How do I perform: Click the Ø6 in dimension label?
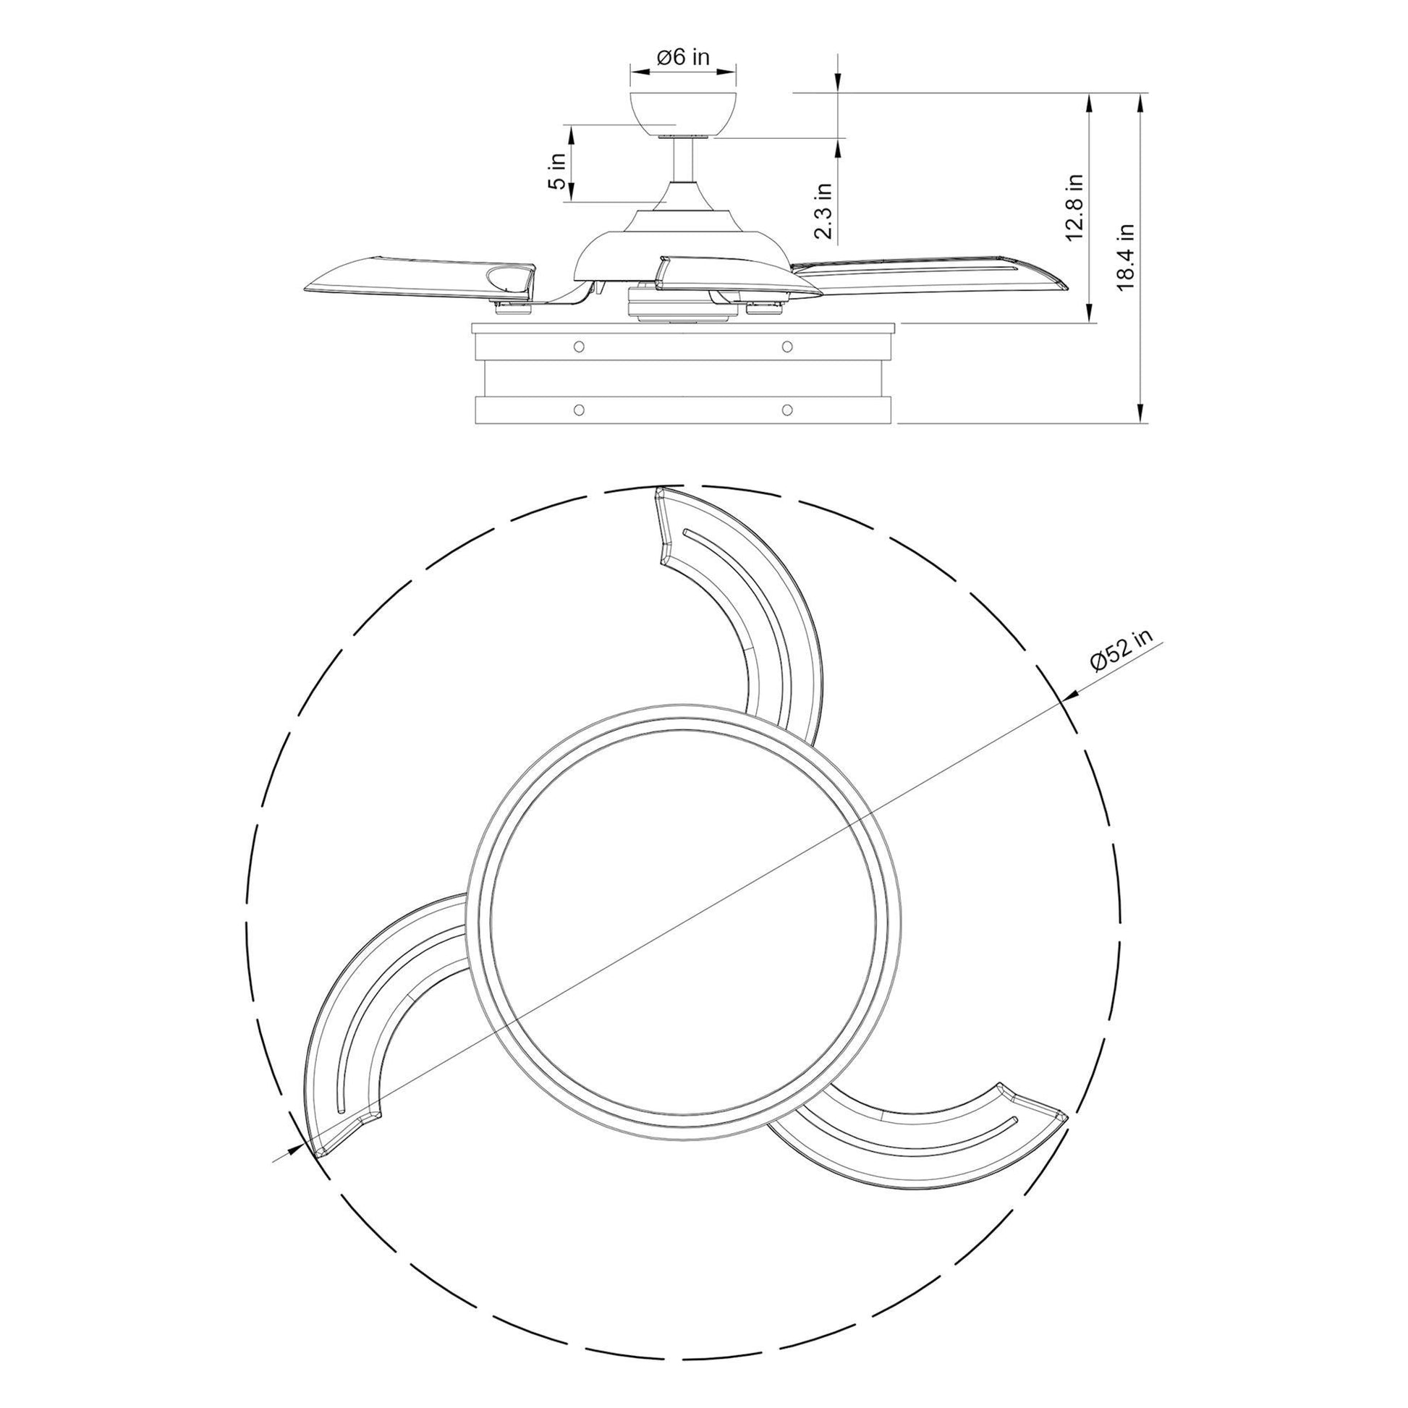click(683, 58)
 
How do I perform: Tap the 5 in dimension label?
click(559, 171)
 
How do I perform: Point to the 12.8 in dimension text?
click(1074, 207)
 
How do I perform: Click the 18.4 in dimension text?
click(1126, 257)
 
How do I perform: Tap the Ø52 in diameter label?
click(1123, 648)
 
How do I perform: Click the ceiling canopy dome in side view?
click(683, 114)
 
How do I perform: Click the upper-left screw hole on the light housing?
click(579, 344)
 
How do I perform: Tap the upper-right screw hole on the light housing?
click(786, 344)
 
